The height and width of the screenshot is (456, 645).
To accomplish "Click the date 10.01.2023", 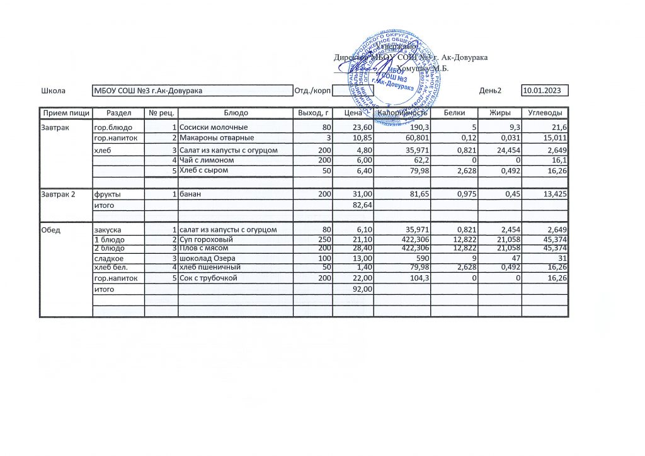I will (542, 91).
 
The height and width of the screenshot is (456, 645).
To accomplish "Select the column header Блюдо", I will (236, 113).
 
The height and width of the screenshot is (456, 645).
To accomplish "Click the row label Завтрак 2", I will (58, 194).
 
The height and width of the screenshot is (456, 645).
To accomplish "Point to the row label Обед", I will (50, 230).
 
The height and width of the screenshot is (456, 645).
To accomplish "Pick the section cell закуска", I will (108, 230).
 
